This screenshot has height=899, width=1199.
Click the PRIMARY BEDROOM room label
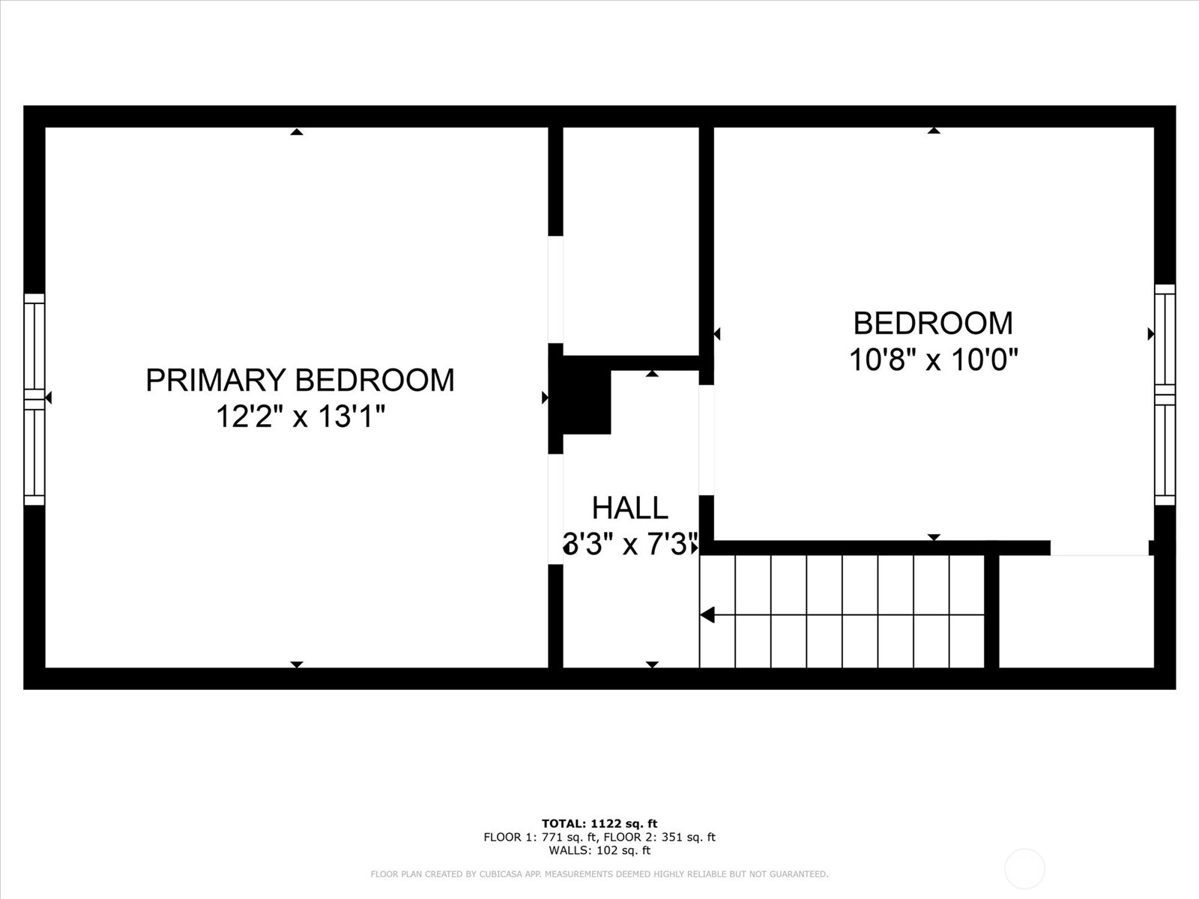coord(300,380)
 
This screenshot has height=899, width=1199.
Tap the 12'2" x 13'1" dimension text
coord(300,417)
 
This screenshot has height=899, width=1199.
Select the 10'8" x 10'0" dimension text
coord(934,360)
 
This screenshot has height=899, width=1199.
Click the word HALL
coord(629,508)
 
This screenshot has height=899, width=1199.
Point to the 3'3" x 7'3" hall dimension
coord(630,544)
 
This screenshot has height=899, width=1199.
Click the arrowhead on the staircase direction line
coord(707,615)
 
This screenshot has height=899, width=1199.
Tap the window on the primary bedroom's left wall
coord(34,399)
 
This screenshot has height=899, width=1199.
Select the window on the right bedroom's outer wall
coord(1165,396)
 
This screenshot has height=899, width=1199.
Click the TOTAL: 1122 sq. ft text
coord(599,823)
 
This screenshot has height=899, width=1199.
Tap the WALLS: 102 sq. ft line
coord(599,850)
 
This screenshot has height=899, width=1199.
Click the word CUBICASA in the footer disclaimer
coord(500,874)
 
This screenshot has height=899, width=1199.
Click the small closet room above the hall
coord(631,241)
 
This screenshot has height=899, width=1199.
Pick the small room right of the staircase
coord(1076,611)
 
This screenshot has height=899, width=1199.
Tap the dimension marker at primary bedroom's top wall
coord(297,132)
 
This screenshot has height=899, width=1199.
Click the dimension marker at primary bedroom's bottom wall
coord(297,665)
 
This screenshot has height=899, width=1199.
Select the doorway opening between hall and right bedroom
coord(707,440)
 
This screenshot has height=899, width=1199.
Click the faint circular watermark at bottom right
coord(1024,869)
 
